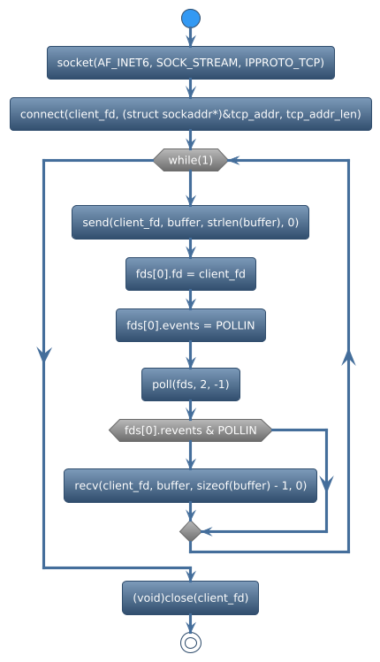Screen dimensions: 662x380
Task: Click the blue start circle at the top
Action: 191,18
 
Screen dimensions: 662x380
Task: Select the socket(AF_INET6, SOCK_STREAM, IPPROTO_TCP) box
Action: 191,63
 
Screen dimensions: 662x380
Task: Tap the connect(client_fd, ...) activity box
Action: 191,115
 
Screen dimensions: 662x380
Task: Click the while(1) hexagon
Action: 191,160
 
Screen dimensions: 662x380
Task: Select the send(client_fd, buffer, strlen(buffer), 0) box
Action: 191,222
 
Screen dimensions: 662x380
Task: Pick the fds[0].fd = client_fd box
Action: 191,274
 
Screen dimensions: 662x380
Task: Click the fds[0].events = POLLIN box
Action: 191,325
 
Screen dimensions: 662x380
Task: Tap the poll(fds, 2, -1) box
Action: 191,384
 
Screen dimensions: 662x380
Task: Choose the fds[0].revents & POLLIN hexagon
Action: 191,430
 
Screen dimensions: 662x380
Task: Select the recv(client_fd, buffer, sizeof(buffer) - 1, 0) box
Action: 191,485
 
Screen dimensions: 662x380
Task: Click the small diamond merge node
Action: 191,531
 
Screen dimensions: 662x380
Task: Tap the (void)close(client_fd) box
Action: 191,598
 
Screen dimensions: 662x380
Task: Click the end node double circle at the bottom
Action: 191,643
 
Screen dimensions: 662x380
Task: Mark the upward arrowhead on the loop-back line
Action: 348,355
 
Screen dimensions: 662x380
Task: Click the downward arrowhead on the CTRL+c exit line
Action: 43,354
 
